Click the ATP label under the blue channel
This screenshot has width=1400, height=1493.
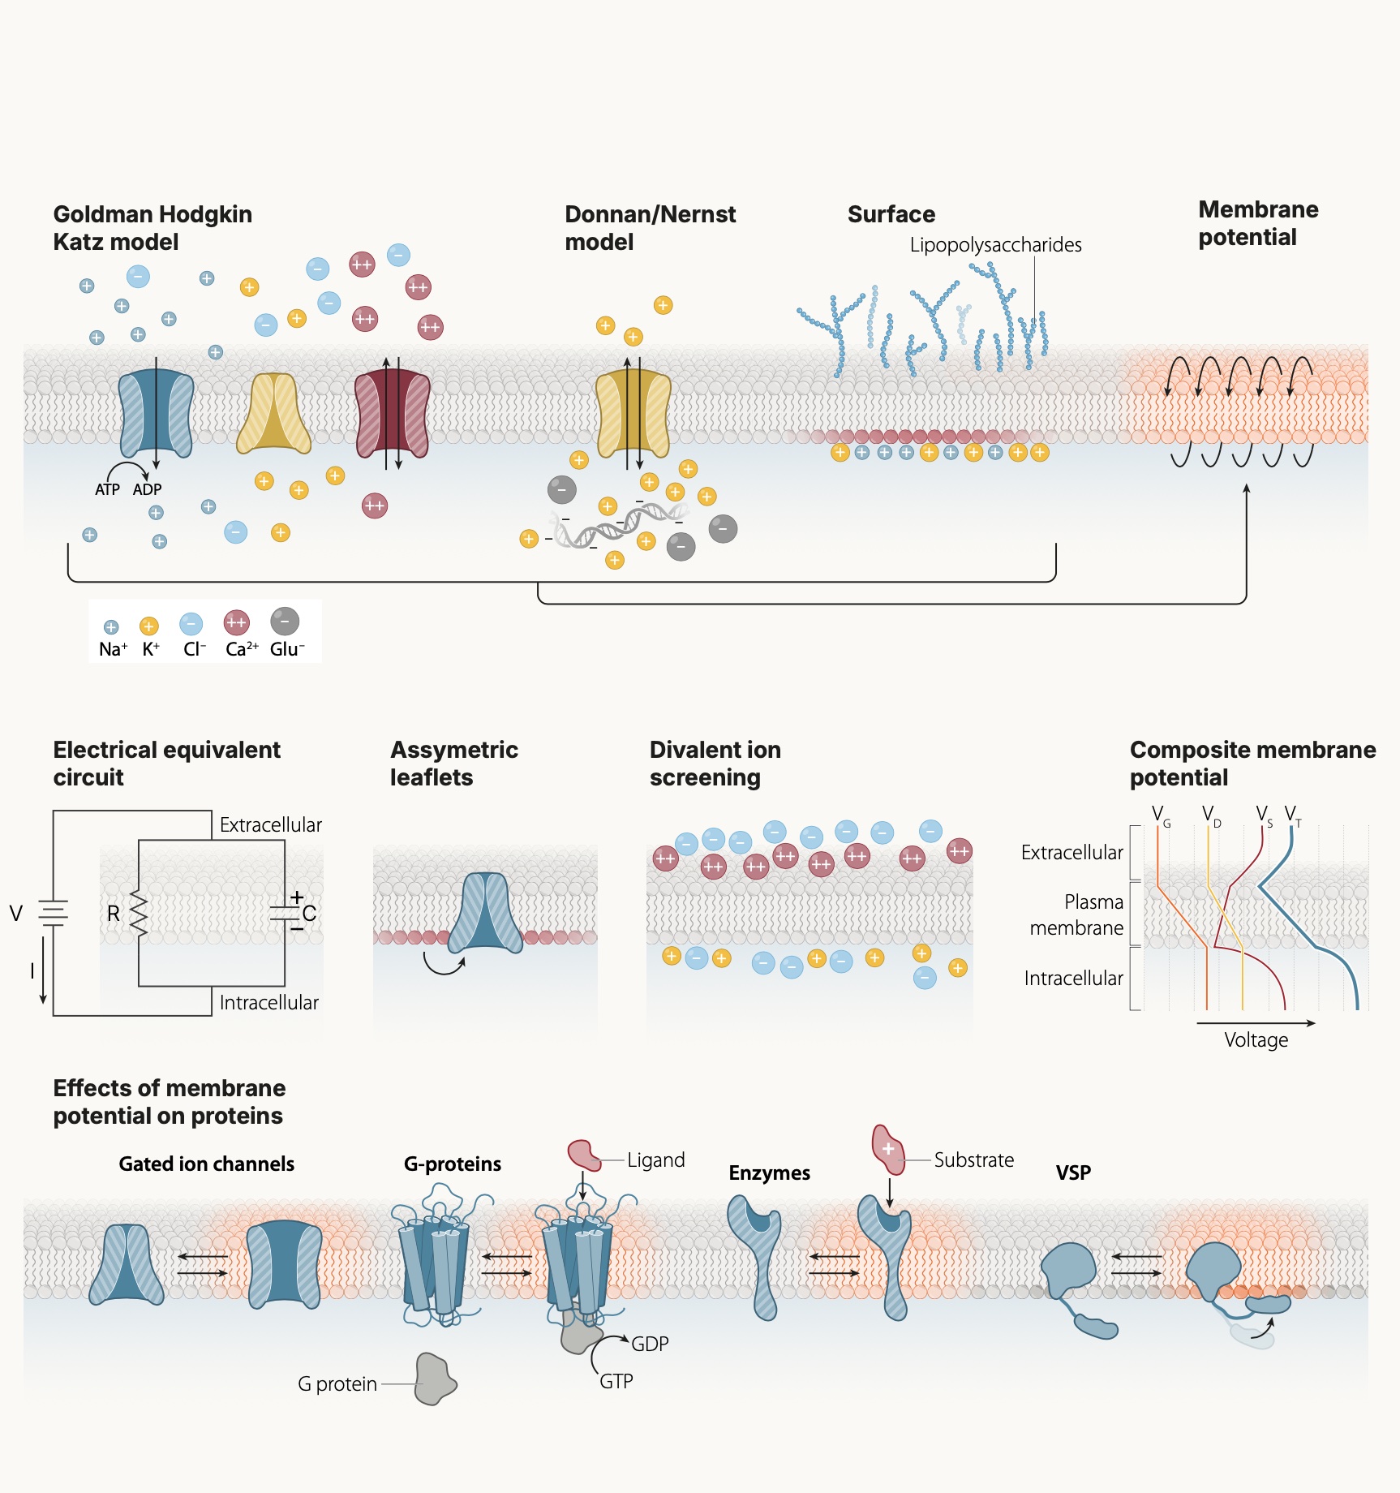click(107, 489)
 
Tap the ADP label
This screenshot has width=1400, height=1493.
click(147, 489)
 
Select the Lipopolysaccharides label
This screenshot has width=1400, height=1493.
click(995, 245)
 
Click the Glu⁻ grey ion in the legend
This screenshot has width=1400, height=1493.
click(285, 622)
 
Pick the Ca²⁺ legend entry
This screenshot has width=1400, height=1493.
click(237, 623)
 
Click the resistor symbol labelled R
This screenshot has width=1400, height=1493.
click(139, 914)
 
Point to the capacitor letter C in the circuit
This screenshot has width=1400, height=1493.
click(309, 914)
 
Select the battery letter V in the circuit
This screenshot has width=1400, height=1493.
click(15, 914)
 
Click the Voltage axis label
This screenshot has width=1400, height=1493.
click(1256, 1040)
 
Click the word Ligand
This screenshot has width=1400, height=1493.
click(655, 1160)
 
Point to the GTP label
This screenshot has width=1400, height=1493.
click(616, 1381)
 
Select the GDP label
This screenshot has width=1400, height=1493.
click(650, 1344)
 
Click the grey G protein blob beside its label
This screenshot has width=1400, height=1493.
click(435, 1379)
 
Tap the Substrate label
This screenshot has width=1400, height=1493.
click(973, 1160)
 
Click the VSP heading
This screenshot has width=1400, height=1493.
click(1073, 1172)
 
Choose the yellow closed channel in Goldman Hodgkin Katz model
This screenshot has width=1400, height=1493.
click(273, 414)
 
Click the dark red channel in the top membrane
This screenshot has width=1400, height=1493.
click(393, 414)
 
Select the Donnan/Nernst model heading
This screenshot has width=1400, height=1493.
click(650, 228)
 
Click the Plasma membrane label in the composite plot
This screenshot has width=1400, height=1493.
click(1076, 914)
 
